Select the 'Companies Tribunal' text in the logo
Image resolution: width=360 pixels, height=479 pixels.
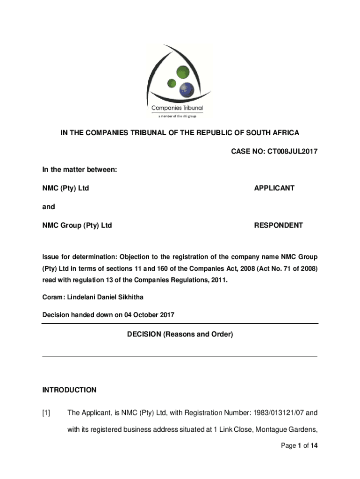pos(177,108)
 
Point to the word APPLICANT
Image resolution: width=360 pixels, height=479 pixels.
pos(274,188)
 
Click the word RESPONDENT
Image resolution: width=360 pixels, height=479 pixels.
pos(278,225)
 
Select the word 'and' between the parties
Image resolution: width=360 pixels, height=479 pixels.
pos(49,207)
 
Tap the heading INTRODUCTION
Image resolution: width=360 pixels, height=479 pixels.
pos(69,390)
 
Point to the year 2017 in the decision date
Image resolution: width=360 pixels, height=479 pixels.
pos(167,315)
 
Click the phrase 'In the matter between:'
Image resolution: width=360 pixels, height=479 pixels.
pos(79,170)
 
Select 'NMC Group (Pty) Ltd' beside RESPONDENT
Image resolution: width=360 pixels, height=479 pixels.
pos(77,225)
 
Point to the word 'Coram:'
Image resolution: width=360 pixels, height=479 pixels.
pos(53,298)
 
